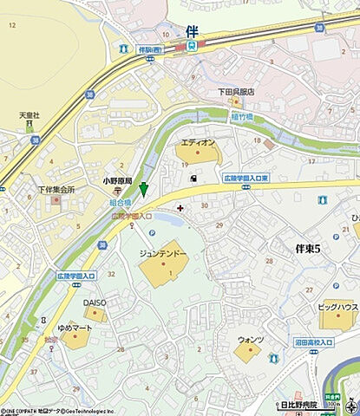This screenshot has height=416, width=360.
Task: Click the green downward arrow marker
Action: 144,189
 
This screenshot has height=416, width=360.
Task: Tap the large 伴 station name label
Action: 191,29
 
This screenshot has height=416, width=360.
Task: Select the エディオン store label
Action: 198,141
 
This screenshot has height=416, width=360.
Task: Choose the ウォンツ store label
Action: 250,340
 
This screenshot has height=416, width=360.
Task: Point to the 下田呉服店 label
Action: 235,91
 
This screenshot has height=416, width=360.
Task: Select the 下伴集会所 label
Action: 54,189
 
